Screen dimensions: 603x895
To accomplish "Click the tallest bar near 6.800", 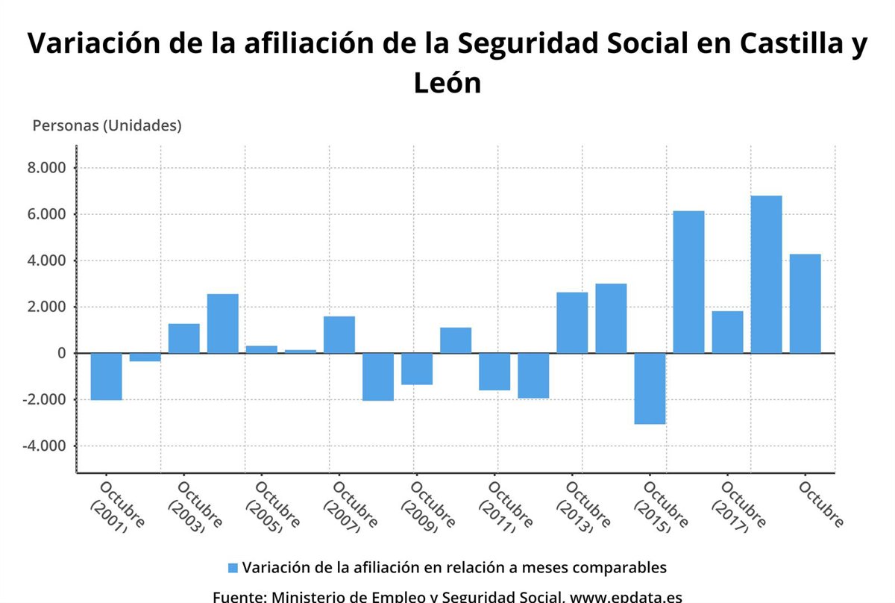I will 766,274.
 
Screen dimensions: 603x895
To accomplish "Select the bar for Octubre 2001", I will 107,376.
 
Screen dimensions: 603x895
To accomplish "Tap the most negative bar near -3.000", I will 650,388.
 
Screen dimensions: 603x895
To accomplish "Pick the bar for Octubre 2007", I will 339,334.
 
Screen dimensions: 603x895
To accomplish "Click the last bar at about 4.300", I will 805,303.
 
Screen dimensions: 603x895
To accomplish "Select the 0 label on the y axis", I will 61,353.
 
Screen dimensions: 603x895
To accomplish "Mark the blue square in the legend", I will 233,568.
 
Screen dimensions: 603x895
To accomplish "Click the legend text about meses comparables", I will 453,567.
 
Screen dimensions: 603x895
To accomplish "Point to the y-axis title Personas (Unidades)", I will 107,125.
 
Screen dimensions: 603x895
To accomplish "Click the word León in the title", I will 447,82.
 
